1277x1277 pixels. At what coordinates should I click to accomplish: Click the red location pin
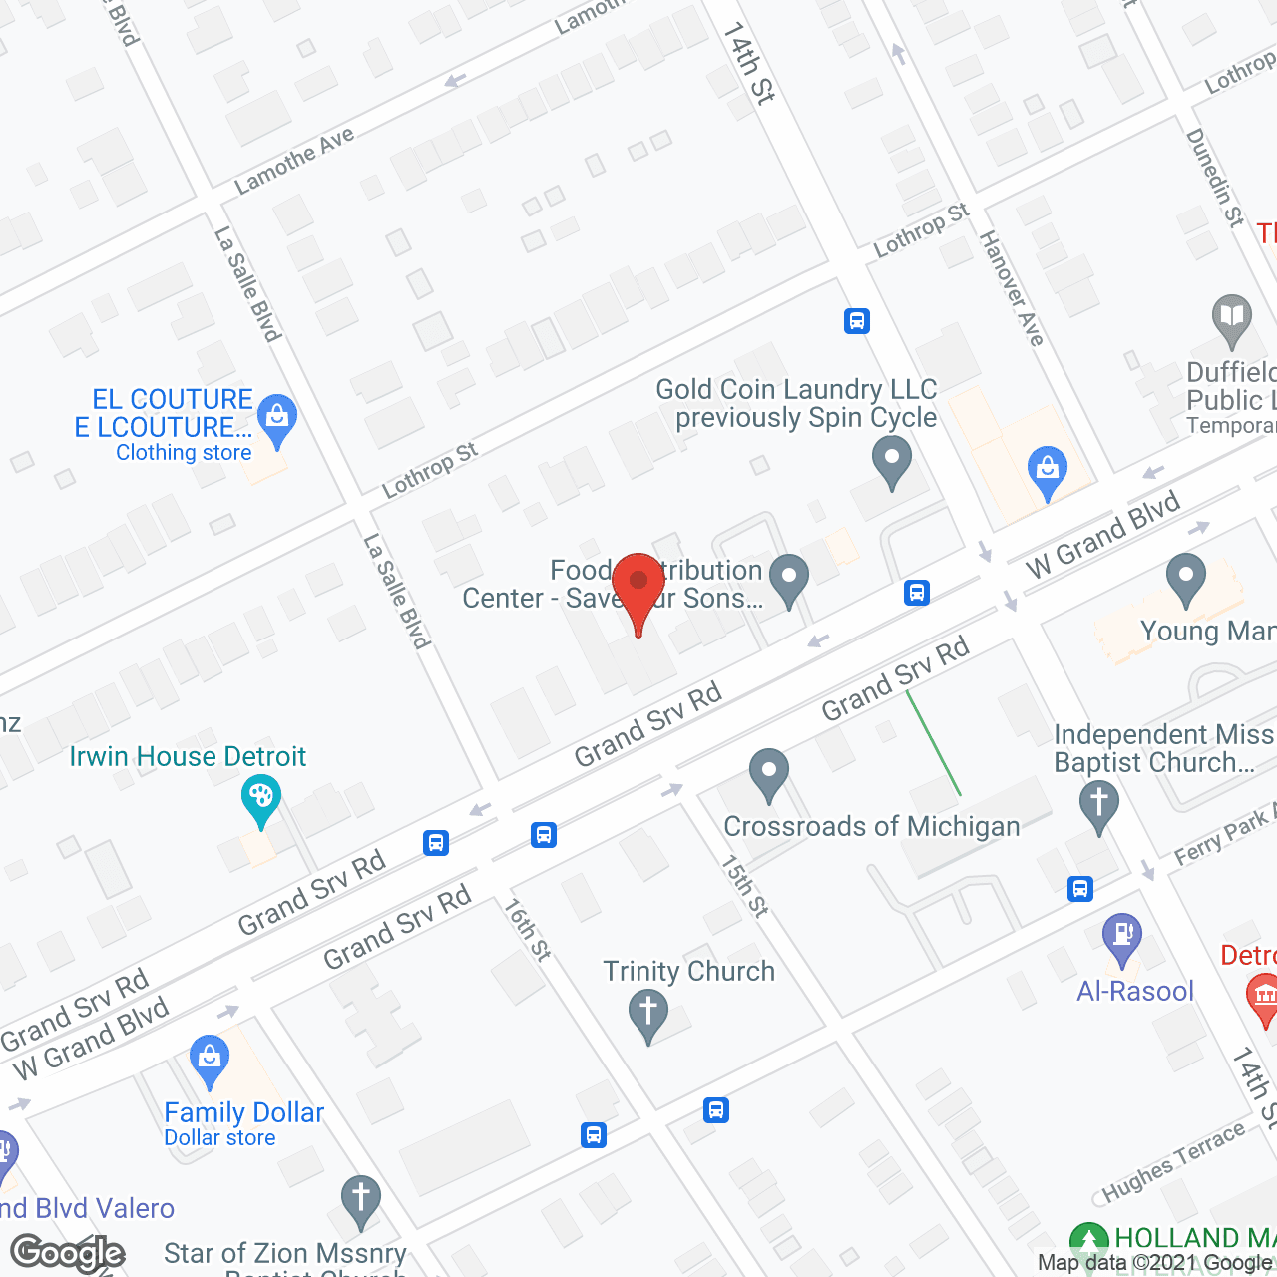pyautogui.click(x=638, y=589)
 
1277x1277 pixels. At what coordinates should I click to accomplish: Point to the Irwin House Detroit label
pyautogui.click(x=188, y=756)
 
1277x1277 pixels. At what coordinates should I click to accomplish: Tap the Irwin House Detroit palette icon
pyautogui.click(x=261, y=797)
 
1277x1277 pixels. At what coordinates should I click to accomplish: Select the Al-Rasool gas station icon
pyautogui.click(x=1122, y=936)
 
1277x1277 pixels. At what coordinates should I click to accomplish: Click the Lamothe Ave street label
pyautogui.click(x=294, y=160)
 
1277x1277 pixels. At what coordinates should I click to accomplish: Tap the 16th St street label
pyautogui.click(x=527, y=929)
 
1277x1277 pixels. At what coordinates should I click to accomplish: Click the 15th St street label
pyautogui.click(x=745, y=885)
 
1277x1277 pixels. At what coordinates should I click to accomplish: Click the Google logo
pyautogui.click(x=68, y=1253)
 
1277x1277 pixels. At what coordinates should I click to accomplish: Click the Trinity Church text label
pyautogui.click(x=688, y=971)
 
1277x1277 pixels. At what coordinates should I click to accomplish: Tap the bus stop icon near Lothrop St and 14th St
pyautogui.click(x=856, y=321)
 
